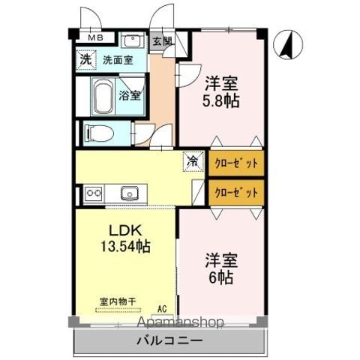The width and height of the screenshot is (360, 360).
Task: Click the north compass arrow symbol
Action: tap(288, 44)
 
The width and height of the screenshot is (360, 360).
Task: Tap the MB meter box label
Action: tap(96, 37)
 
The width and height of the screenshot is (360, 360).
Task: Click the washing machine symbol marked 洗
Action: tap(86, 60)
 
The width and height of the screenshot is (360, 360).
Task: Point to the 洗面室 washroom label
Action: tap(118, 60)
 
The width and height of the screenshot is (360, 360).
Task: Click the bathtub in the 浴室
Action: tap(103, 96)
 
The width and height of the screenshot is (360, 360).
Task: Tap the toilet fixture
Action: tap(99, 133)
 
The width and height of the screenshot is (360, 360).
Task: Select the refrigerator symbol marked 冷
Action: tap(193, 161)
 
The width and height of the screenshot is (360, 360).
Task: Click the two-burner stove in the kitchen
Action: tap(94, 193)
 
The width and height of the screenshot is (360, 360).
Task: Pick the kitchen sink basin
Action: tap(130, 193)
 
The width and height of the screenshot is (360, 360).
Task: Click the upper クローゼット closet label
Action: tap(236, 163)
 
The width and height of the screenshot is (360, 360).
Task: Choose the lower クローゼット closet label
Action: tap(236, 193)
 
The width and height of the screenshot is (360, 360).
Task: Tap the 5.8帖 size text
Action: tap(221, 100)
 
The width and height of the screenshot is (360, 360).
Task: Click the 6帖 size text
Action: tap(221, 277)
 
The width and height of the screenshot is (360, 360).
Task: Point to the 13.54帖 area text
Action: tap(125, 246)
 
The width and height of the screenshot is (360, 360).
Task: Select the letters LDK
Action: tap(126, 230)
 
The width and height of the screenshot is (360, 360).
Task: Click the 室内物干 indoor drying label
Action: tap(118, 301)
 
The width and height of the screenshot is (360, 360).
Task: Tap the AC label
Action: tap(162, 309)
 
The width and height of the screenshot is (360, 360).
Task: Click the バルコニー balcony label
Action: tap(169, 340)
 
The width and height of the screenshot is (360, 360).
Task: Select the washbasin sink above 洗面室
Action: tap(132, 40)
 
